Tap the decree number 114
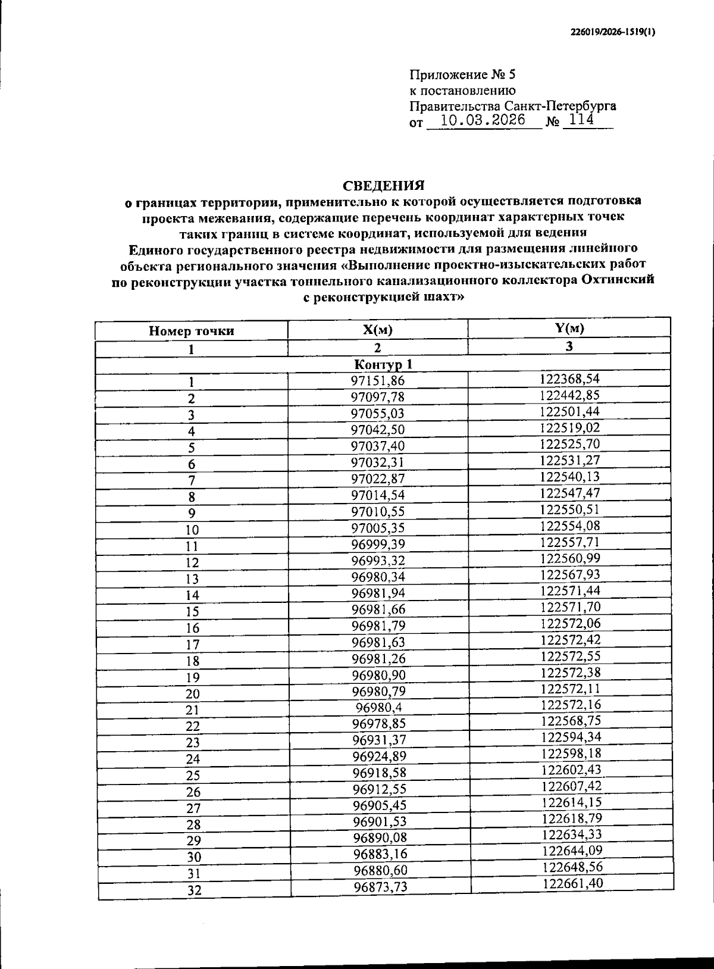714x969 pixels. [x=581, y=120]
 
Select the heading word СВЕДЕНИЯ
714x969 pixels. [x=383, y=185]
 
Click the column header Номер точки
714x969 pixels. [x=192, y=332]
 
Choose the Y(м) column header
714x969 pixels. [x=569, y=329]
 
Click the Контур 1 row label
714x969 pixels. [x=383, y=364]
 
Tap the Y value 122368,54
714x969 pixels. [x=570, y=379]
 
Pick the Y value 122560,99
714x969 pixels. [x=570, y=558]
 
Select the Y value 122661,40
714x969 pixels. [x=572, y=883]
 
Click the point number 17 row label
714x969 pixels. [x=192, y=645]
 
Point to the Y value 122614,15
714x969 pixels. [x=571, y=802]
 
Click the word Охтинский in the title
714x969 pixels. [x=618, y=280]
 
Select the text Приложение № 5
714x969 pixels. [x=463, y=76]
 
